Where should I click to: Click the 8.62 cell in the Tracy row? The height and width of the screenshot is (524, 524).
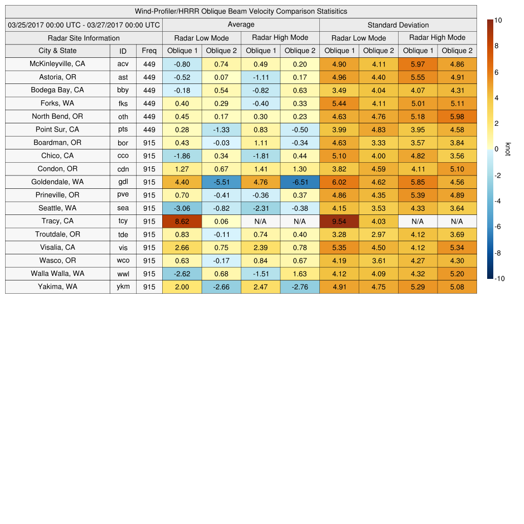coord(182,221)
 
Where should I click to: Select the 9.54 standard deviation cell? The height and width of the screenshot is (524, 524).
coord(339,221)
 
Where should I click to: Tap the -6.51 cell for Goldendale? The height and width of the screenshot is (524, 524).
coord(299,182)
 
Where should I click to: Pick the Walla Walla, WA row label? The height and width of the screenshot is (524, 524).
coord(57,274)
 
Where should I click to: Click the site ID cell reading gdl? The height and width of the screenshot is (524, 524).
coord(123,182)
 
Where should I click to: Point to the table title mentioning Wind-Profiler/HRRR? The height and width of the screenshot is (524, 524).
coord(241,11)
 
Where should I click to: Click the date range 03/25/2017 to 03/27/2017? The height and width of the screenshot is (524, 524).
coord(83,25)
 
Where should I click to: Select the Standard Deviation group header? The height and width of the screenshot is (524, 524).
coord(398,25)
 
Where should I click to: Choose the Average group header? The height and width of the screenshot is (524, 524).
coord(241,25)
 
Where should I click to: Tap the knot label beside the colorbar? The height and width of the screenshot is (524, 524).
coord(508,149)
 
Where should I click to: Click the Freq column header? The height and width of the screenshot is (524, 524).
coord(149,51)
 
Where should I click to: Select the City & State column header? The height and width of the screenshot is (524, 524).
coord(57,51)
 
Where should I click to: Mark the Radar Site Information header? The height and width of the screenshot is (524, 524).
coord(83,38)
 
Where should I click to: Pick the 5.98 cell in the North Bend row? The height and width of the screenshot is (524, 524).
coord(456,116)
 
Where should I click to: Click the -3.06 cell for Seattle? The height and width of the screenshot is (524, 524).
coord(182,208)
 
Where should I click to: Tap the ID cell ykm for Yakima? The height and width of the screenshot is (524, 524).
coord(123,287)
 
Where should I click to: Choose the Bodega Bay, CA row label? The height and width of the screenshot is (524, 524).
coord(57,90)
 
